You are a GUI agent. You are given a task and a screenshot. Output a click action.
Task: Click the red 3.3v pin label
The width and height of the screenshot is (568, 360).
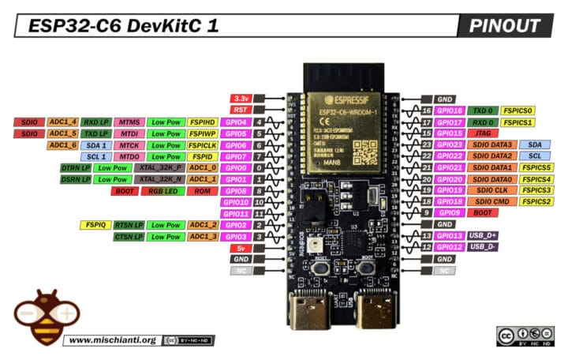click(x=240, y=98)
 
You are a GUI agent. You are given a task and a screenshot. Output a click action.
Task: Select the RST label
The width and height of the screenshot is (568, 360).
click(x=240, y=110)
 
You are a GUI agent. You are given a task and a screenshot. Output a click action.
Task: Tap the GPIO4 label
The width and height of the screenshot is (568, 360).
click(x=235, y=122)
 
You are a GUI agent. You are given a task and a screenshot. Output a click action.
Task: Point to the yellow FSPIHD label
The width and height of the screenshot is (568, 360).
click(x=202, y=122)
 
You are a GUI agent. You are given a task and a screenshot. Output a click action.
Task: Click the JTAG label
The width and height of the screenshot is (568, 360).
click(x=481, y=133)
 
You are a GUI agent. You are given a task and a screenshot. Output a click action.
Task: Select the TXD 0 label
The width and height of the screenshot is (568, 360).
click(x=481, y=111)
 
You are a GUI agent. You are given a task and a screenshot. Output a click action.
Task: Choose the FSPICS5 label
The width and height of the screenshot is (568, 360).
click(x=536, y=168)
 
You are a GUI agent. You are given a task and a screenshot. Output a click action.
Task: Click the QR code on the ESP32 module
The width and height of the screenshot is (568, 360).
click(x=364, y=147)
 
